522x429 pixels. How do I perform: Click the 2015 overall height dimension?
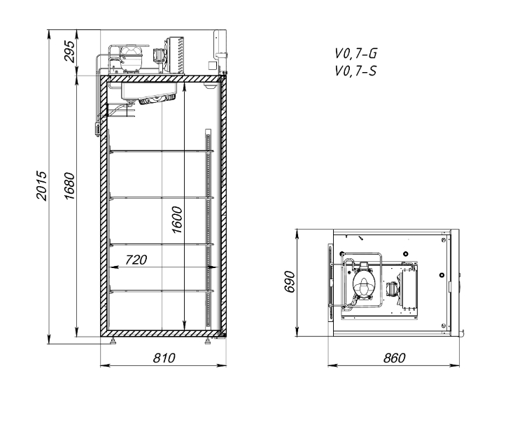[x=41, y=186]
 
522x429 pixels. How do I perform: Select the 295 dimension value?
[x=70, y=51]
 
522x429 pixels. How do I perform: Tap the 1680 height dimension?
[x=70, y=186]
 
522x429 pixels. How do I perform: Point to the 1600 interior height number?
[x=177, y=220]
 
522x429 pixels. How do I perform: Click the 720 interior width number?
[x=136, y=260]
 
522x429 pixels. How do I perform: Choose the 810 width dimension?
[x=164, y=358]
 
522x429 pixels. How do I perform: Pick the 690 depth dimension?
[x=290, y=282]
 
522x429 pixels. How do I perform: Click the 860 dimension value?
[x=395, y=358]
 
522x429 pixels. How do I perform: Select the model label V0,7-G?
[x=356, y=53]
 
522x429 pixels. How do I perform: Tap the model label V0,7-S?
[x=355, y=71]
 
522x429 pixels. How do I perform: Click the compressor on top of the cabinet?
[x=131, y=59]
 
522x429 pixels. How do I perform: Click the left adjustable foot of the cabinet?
[x=113, y=341]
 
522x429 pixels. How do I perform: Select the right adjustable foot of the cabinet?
[x=208, y=341]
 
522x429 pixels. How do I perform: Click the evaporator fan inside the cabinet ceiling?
[x=157, y=99]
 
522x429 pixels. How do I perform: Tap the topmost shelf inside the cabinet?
[x=162, y=151]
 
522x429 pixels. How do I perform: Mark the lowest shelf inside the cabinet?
[x=162, y=291]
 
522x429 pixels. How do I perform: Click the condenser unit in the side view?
[x=176, y=55]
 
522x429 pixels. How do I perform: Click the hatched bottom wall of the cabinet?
[x=163, y=333]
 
